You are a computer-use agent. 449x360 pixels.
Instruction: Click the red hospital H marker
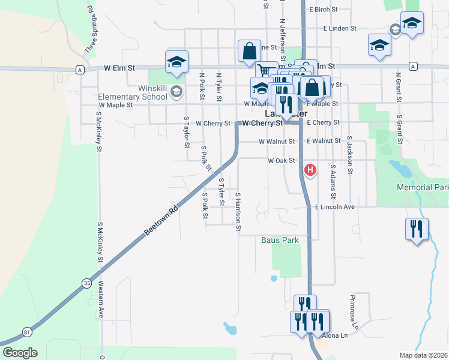[310, 170]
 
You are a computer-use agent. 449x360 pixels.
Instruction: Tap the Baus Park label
[280, 241]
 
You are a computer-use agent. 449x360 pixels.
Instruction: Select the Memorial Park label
[423, 188]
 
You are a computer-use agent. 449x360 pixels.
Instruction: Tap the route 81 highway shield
[26, 331]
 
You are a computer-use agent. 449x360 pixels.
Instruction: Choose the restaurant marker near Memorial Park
[415, 229]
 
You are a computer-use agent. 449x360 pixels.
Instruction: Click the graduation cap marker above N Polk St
[177, 61]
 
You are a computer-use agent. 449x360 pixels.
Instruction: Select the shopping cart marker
[265, 71]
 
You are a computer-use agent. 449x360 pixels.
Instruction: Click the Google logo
[20, 353]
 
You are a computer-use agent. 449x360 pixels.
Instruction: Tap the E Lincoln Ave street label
[335, 207]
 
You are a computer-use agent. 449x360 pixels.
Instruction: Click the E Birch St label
[324, 10]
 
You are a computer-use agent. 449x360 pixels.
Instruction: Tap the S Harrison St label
[238, 212]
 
